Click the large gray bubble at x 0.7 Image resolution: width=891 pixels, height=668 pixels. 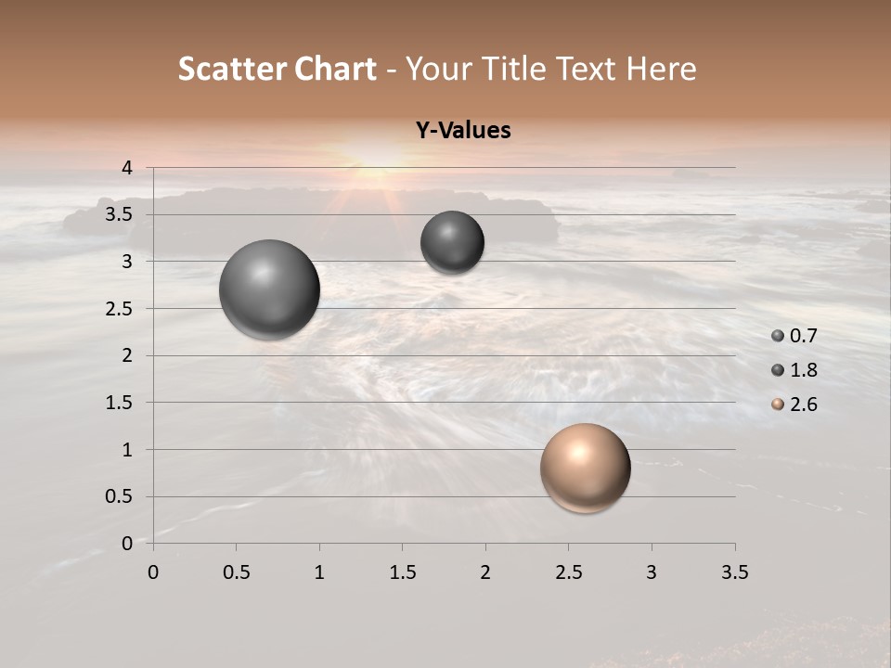pyautogui.click(x=269, y=289)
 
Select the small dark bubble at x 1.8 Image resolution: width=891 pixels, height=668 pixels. pyautogui.click(x=452, y=243)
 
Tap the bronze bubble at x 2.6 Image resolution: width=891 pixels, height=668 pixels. pyautogui.click(x=585, y=468)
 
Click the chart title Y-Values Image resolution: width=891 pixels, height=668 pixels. pyautogui.click(x=463, y=131)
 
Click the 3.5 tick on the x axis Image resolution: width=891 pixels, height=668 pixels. pyautogui.click(x=734, y=572)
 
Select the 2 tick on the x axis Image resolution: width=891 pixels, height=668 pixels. pyautogui.click(x=485, y=572)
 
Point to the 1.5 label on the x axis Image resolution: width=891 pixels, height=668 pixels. pyautogui.click(x=402, y=572)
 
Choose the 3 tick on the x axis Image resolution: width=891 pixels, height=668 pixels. pyautogui.click(x=652, y=572)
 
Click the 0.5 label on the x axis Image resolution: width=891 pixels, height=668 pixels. pyautogui.click(x=236, y=572)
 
